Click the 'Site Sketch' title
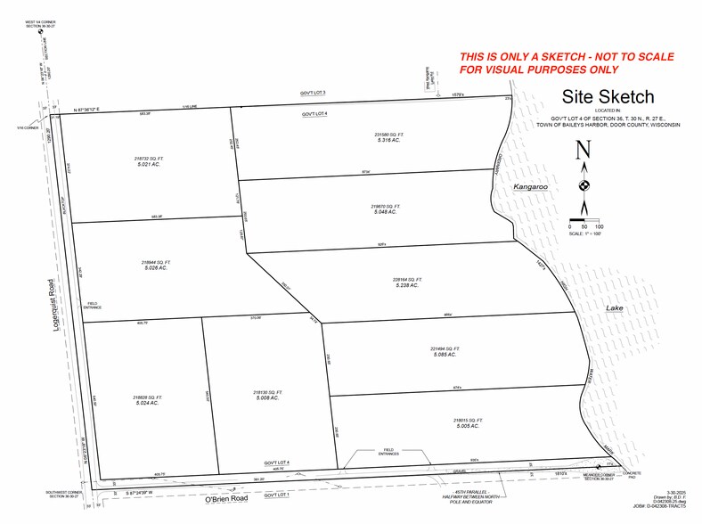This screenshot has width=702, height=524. point(607,97)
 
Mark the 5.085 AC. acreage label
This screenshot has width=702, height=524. point(444,355)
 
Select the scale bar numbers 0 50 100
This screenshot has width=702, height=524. point(584,226)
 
